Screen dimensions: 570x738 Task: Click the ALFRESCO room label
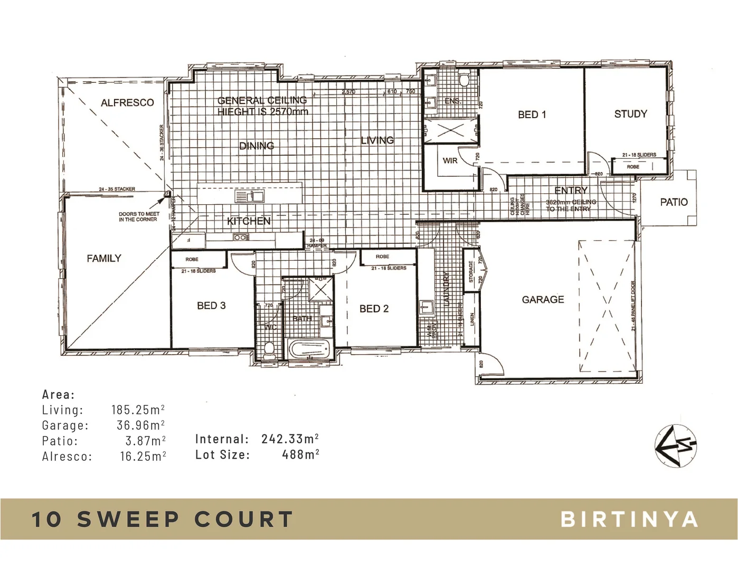click(x=127, y=102)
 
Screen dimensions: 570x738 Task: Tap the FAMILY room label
click(x=104, y=258)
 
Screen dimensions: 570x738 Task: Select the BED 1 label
click(x=532, y=115)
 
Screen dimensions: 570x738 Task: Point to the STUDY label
click(x=630, y=114)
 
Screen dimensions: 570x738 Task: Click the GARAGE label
click(x=543, y=299)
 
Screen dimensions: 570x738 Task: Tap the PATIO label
click(x=674, y=202)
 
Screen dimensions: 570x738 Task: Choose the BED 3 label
click(x=211, y=306)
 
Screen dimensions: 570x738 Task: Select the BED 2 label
click(x=374, y=309)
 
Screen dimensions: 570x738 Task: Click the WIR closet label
click(x=450, y=160)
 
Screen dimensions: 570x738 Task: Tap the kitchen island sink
click(x=250, y=197)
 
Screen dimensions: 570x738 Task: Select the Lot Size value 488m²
click(x=300, y=454)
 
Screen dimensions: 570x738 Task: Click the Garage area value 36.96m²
click(x=140, y=425)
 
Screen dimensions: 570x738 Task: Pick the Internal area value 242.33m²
click(x=290, y=439)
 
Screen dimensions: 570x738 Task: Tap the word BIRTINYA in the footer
click(x=629, y=519)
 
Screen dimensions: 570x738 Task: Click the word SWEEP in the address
click(x=129, y=519)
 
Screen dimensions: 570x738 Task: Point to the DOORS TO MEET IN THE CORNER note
click(x=138, y=216)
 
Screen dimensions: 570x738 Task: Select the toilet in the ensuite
click(x=464, y=80)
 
